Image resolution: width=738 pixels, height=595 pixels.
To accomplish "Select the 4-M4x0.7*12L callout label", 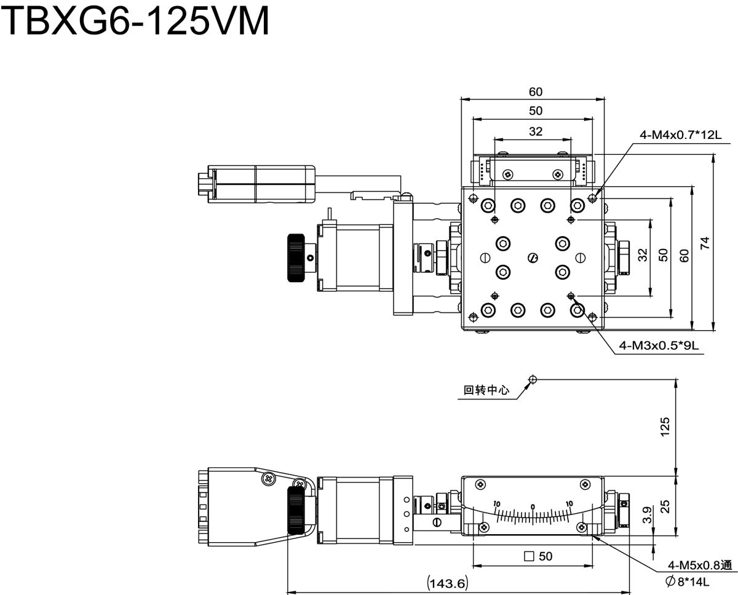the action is tap(680, 135).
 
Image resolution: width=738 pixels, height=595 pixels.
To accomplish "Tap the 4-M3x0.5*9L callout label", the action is tap(659, 345).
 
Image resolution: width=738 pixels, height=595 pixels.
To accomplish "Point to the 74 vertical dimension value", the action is tap(704, 243).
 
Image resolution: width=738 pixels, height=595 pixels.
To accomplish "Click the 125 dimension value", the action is tap(665, 427).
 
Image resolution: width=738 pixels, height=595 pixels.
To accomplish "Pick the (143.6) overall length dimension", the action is tap(448, 583).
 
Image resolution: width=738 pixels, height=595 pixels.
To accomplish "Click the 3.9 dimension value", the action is tap(647, 515).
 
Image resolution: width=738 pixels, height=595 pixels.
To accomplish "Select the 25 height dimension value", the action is tap(665, 506).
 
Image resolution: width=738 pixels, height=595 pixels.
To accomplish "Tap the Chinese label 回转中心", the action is tap(486, 390).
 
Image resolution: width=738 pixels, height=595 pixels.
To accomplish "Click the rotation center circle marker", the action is tap(533, 379).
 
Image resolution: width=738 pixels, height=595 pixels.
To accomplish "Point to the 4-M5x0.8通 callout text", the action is tap(700, 565).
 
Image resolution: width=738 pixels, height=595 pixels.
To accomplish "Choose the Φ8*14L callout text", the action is tap(687, 581).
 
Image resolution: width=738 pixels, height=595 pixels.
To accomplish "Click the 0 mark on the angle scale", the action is tap(533, 506).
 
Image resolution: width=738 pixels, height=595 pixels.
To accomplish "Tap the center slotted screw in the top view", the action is tap(533, 258).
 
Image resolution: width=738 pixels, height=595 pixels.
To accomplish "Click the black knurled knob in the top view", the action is tap(296, 258).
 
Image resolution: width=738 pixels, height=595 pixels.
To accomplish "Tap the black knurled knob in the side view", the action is tap(296, 510).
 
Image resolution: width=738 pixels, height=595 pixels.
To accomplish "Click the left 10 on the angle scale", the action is tap(497, 504).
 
